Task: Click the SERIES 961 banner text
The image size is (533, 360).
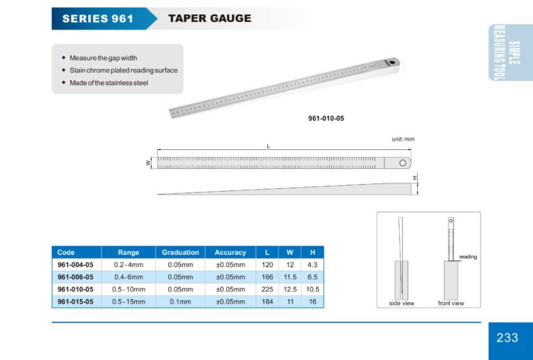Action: [98, 18]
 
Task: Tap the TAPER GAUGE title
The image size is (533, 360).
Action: [209, 18]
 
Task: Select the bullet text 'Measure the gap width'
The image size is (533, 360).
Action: [104, 58]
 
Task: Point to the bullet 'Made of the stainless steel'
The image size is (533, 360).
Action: [109, 83]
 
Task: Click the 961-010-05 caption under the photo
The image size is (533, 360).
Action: [326, 119]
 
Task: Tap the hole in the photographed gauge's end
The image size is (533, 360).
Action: [393, 62]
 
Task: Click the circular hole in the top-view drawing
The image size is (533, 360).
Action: [403, 163]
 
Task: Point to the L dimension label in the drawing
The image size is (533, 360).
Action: [268, 146]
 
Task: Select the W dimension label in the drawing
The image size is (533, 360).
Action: [148, 163]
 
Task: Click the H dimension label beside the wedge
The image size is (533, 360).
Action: [415, 178]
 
